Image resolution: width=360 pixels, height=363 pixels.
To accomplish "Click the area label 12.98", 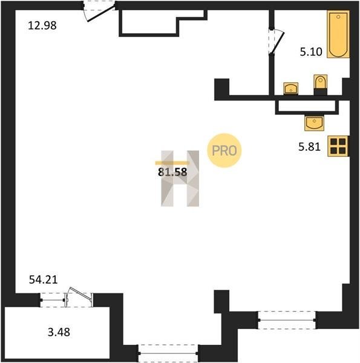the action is pos(42,25).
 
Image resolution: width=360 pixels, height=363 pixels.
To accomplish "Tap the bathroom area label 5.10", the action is pos(311,51).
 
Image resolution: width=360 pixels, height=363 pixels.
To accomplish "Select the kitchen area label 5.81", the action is pos(309,147).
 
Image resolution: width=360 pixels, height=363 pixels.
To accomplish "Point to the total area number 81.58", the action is pos(172,172).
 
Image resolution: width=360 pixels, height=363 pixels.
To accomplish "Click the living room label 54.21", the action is pos(43,280).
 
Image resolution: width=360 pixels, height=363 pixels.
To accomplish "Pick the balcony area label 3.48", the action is pos(59,332).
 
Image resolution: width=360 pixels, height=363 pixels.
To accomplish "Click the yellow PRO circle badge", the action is pos(224,151).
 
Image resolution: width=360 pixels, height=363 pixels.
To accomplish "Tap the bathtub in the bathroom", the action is pos(338,34).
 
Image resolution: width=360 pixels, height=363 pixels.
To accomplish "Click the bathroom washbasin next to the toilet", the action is pos(291,88).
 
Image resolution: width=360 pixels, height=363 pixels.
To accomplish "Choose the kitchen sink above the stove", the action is pos(314,123).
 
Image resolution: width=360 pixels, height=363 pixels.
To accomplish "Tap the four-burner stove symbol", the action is pos(338,146).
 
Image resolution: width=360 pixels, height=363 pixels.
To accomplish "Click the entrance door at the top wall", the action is pos(99,11).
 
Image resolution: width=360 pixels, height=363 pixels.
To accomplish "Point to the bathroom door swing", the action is pos(277,42).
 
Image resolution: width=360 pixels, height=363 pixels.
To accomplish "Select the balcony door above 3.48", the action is pos(67,298).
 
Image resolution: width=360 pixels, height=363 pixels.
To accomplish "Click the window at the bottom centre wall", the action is pos(168,353).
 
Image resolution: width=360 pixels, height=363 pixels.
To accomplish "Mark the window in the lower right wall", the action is pos(287,320).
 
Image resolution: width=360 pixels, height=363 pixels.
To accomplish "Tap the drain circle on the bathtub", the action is pos(338,17).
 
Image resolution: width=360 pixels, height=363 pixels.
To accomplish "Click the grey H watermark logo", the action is pos(180,178).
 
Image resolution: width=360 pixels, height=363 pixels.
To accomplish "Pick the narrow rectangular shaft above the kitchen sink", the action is pos(307,106).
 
